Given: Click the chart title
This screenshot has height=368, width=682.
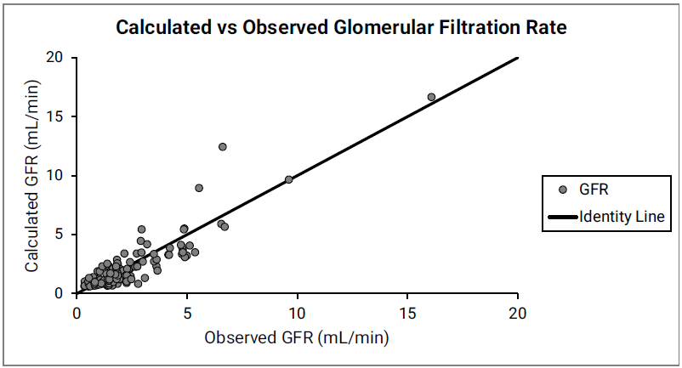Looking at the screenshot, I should (x=341, y=27).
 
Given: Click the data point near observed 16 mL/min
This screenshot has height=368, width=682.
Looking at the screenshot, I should (x=431, y=97).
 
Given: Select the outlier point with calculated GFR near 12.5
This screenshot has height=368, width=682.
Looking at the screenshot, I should (x=223, y=147).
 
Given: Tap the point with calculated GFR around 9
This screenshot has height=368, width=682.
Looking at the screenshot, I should (x=199, y=188).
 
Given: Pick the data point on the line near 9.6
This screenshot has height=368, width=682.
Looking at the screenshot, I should (x=288, y=179).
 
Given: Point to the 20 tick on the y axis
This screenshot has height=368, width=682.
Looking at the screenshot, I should (x=55, y=58).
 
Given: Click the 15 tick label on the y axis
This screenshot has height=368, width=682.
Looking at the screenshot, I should (x=55, y=116).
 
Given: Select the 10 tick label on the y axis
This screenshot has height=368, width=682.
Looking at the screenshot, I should (x=55, y=176).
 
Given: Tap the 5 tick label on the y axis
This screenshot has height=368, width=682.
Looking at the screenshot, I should (x=59, y=235).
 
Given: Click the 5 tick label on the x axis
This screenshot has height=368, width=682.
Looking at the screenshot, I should (x=187, y=313).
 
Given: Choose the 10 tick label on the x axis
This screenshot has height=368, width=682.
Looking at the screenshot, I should (x=298, y=313).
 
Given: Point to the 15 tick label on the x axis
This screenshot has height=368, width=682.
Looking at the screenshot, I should (x=407, y=313).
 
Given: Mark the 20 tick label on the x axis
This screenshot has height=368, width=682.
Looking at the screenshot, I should (x=518, y=313).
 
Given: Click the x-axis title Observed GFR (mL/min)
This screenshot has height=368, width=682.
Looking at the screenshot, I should (x=297, y=337).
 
